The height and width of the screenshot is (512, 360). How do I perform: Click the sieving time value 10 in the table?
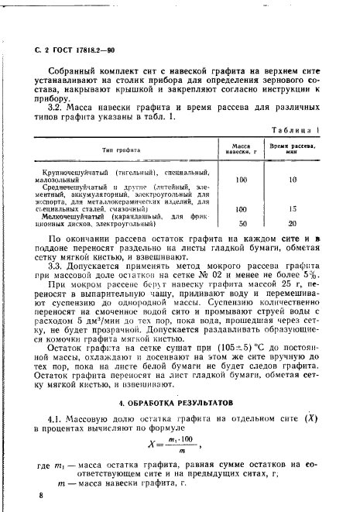coord(293,179)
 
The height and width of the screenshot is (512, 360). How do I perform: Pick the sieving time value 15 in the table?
coord(293,208)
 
